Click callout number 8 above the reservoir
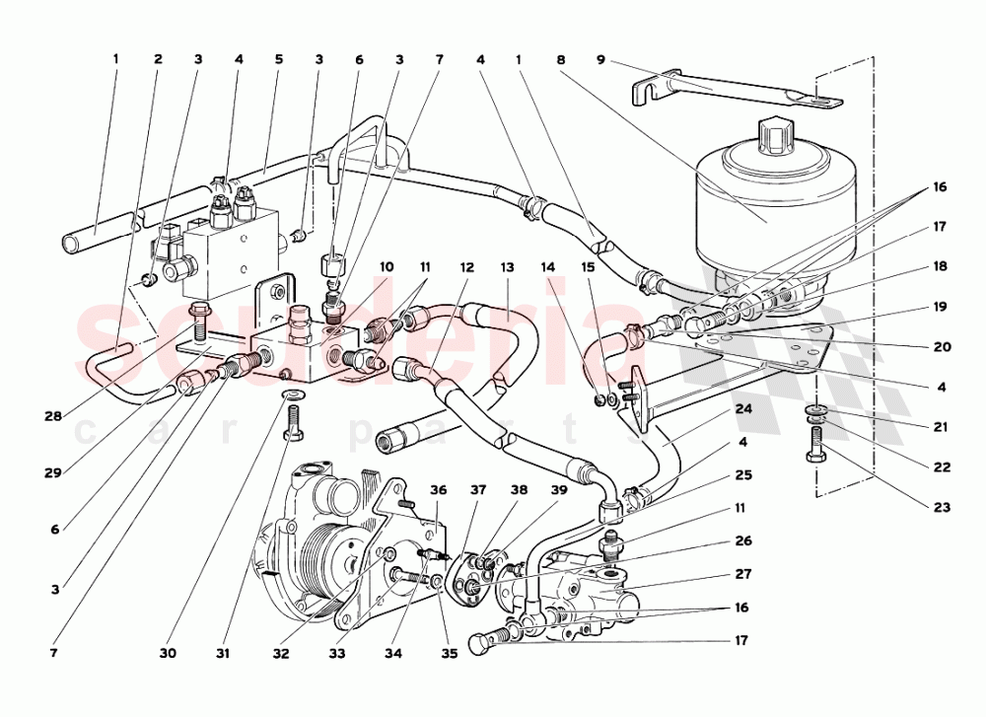pos(560,59)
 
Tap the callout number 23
pos(942,508)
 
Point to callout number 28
pos(53,416)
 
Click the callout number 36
pos(439,490)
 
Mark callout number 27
pos(744,573)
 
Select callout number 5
pos(279,59)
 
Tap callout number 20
pos(942,347)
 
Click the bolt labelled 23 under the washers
pos(818,447)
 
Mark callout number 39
pos(559,490)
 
